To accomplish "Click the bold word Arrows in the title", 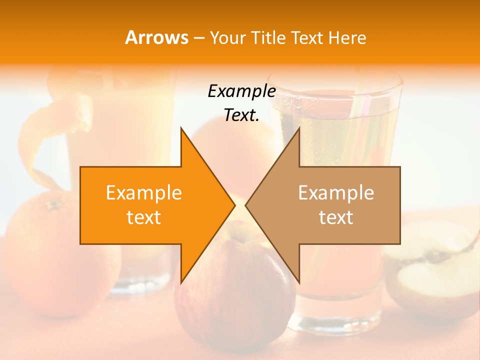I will pos(157,37).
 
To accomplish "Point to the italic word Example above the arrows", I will pos(241,91).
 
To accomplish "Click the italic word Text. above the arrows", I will pos(241,115).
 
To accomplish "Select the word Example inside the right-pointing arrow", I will pos(144,192).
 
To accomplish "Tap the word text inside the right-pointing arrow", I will pos(144,217).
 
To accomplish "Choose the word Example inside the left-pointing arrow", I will pos(336,192).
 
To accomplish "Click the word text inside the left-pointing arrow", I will pos(336,217).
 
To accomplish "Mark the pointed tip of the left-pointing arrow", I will pos(246,205).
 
